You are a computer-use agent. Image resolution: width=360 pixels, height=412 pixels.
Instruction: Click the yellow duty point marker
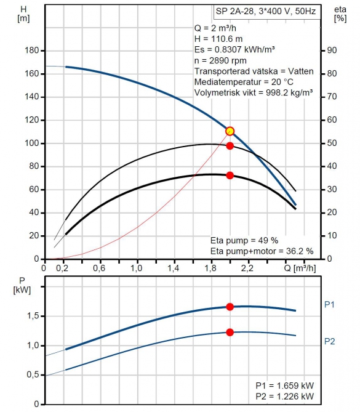[x=230, y=131]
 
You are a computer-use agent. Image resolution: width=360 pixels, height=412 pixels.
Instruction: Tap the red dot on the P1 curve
[x=230, y=307]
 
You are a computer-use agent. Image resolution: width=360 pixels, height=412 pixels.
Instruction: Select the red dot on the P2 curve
[x=230, y=332]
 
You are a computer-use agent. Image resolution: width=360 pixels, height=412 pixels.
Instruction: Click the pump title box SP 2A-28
[x=267, y=12]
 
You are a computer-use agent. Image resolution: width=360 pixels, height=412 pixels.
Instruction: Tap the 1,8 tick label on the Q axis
[x=210, y=268]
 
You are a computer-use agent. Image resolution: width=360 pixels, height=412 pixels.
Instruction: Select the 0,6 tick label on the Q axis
[x=99, y=268]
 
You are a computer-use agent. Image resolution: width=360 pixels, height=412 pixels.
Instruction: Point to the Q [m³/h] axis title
[x=300, y=268]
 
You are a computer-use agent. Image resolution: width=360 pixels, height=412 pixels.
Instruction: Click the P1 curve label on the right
[x=330, y=304]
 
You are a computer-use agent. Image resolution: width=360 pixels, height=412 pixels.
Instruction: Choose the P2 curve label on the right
[x=330, y=341]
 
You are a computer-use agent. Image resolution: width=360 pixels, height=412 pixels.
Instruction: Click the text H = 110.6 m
[x=218, y=39]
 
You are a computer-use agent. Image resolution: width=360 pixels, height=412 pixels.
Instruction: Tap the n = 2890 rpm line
[x=220, y=60]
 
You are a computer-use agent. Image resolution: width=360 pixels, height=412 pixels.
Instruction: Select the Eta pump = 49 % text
[x=244, y=240]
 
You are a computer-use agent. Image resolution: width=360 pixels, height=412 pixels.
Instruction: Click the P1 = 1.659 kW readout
[x=285, y=386]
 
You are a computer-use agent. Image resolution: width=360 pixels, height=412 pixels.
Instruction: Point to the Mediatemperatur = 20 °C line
[x=244, y=82]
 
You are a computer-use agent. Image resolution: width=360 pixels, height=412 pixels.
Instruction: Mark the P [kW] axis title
[x=22, y=285]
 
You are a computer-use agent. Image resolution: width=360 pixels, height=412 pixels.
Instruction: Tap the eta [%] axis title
[x=340, y=14]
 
